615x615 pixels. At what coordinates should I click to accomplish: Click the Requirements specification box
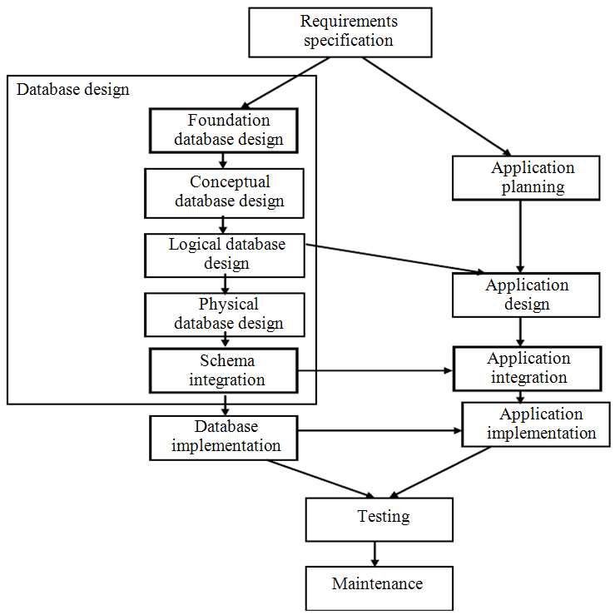[x=340, y=32]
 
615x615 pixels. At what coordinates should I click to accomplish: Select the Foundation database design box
[x=222, y=130]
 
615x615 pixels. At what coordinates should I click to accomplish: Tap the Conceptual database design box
[x=224, y=192]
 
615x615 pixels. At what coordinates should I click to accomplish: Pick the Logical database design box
[x=225, y=255]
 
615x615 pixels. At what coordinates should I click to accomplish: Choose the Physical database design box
[x=224, y=314]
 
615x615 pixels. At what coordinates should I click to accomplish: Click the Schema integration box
[x=224, y=370]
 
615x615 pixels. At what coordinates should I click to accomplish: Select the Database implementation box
[x=224, y=437]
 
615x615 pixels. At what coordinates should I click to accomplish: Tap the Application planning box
[x=526, y=178]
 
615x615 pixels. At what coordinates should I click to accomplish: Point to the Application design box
[x=526, y=295]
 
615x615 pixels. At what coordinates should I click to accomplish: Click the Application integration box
[x=526, y=368]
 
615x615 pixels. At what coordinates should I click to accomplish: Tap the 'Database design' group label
[x=73, y=89]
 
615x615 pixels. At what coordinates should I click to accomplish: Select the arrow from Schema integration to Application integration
[x=374, y=369]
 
